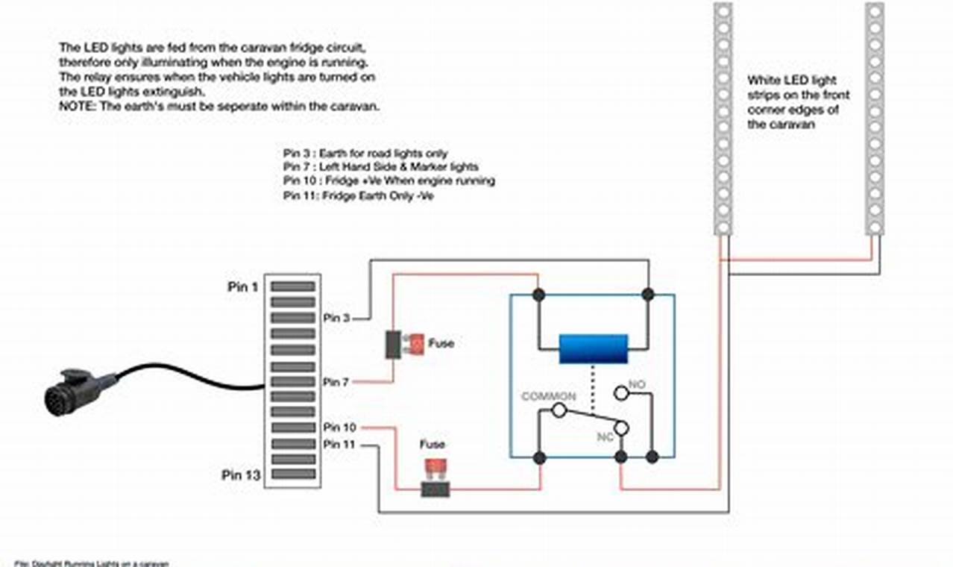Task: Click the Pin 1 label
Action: tap(243, 286)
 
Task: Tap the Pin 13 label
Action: tap(241, 475)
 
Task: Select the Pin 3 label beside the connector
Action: tap(336, 318)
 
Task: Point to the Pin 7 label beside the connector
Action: tap(336, 382)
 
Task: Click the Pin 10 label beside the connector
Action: tap(339, 427)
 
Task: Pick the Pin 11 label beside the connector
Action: tap(339, 444)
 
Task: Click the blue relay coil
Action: tap(594, 348)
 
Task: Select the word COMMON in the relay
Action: tap(548, 396)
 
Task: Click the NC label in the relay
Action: tap(605, 437)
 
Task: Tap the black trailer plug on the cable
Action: tap(75, 391)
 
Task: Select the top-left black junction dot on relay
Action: tap(538, 295)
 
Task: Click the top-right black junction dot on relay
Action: tap(648, 295)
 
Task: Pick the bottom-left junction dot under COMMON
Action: tap(539, 457)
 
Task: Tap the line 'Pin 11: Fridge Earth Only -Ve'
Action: tap(358, 196)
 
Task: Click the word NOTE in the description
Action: tap(73, 107)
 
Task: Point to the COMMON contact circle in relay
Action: tap(558, 410)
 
